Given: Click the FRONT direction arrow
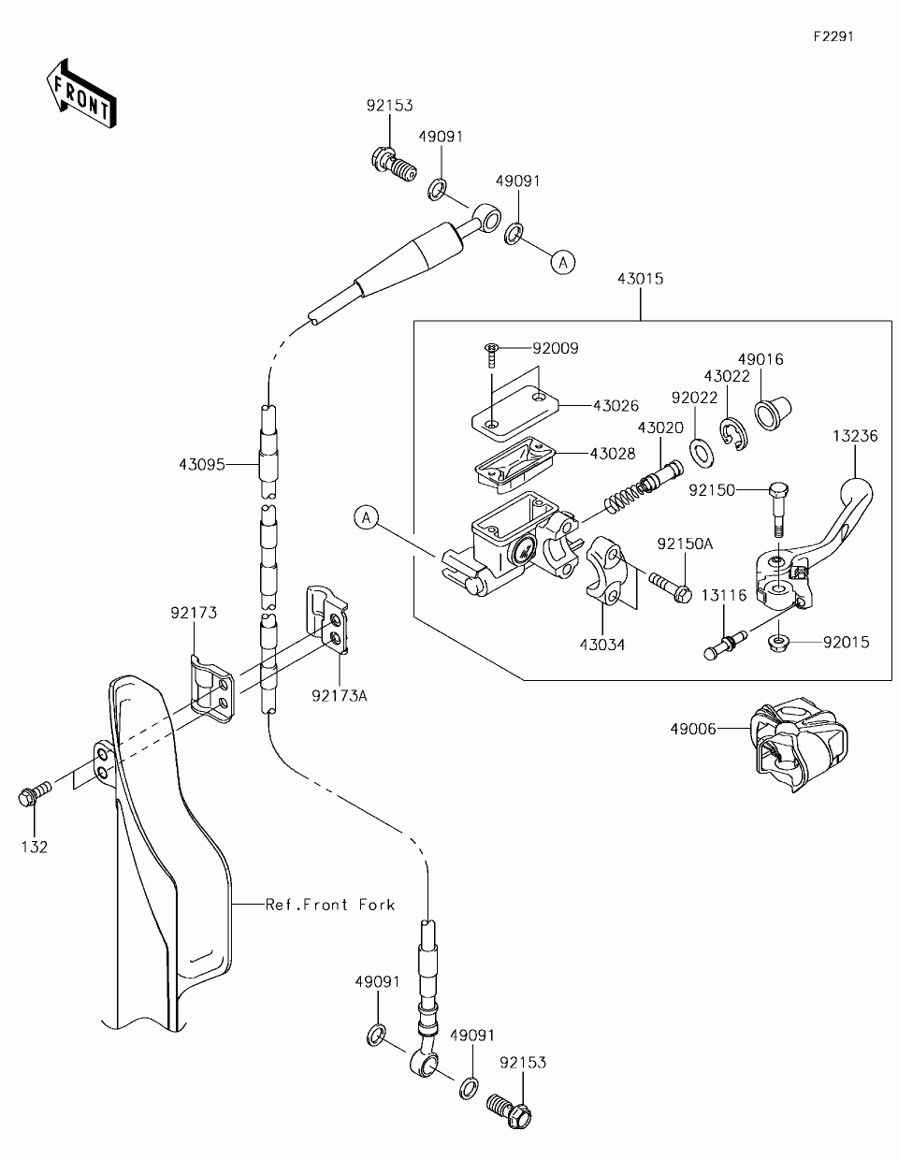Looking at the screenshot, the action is point(81,94).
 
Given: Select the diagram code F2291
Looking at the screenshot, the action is point(833,36).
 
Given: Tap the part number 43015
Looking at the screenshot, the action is point(640,279).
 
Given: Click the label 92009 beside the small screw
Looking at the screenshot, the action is point(556,348).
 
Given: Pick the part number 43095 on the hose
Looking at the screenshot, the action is point(202,464).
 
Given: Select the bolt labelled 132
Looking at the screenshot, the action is point(35,795).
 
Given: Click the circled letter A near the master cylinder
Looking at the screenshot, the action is point(366,518).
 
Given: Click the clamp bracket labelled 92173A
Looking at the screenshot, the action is point(326,619).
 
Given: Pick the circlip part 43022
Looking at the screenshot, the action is point(734,435).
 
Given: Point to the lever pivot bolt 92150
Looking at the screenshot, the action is point(779,509).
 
